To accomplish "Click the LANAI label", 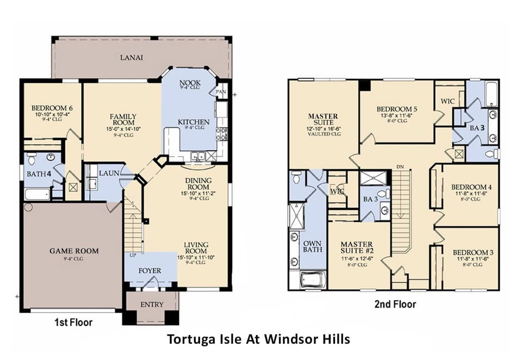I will [132, 57].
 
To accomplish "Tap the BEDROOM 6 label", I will [52, 108].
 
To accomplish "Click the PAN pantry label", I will [221, 92].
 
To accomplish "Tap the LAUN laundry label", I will [109, 172].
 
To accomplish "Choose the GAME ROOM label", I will [74, 251].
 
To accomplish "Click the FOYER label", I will [150, 270].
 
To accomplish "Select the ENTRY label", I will [152, 305].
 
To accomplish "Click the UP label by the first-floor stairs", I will [132, 255].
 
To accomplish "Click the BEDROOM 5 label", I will [396, 109].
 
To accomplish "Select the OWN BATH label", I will [312, 246].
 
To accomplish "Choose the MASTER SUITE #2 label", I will [357, 248].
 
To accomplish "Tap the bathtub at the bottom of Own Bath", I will [307, 280].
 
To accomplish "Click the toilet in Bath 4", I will [32, 159].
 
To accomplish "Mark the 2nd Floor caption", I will [395, 304].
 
